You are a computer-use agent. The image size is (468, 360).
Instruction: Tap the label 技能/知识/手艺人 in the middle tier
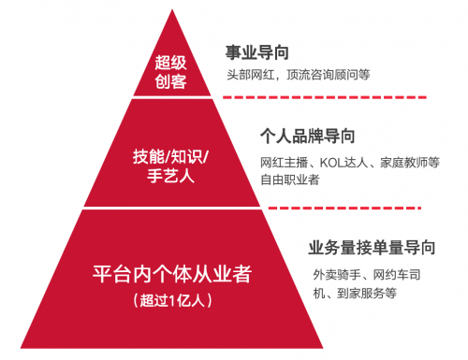pyautogui.click(x=171, y=164)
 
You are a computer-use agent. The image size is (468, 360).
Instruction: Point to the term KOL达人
pyautogui.click(x=344, y=162)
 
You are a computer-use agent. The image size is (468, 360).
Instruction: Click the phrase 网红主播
pyautogui.click(x=282, y=162)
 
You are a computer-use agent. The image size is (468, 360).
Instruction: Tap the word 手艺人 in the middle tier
pyautogui.click(x=171, y=175)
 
